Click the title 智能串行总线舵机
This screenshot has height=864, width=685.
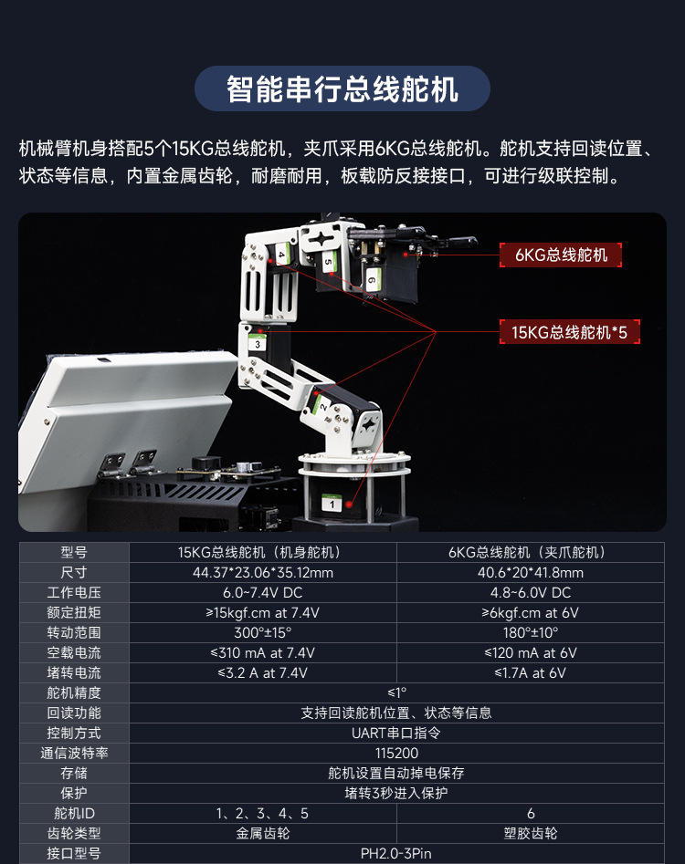click(342, 89)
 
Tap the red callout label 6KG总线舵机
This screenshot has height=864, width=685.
click(560, 255)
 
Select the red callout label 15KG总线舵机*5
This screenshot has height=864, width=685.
click(569, 332)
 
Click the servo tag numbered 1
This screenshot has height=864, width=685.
click(330, 504)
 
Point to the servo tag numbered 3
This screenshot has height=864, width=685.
click(258, 345)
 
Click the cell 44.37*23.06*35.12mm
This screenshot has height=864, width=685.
click(262, 573)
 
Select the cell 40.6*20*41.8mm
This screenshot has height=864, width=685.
click(530, 573)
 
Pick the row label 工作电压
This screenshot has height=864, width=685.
click(74, 593)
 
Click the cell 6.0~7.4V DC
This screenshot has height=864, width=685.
click(262, 593)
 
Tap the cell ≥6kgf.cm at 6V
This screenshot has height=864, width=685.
click(530, 613)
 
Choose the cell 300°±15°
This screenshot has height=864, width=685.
click(262, 633)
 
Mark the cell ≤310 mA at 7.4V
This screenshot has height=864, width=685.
click(262, 653)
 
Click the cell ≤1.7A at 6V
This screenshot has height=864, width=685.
click(530, 673)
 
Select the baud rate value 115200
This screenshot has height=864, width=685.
click(396, 754)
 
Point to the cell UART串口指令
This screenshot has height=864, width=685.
click(396, 734)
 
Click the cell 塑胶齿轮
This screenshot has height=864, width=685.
click(530, 834)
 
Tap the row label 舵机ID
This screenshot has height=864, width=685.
click(74, 814)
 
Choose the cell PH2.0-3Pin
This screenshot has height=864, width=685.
click(396, 854)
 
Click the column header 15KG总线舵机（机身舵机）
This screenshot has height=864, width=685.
click(262, 553)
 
